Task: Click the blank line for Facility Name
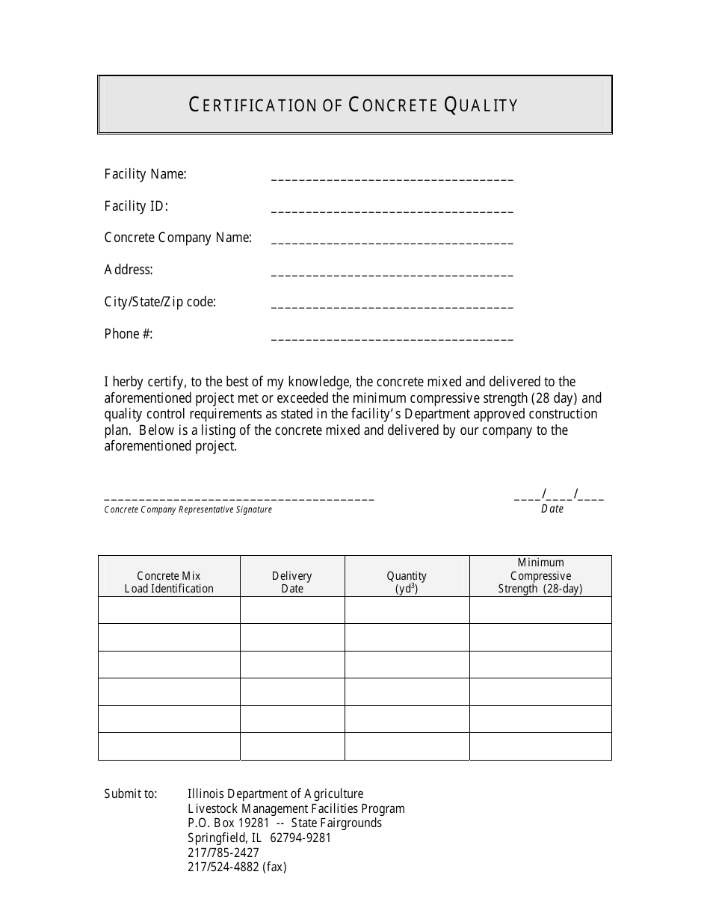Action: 392,179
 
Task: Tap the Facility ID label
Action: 136,206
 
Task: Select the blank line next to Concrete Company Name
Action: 392,244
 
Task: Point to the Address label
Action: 129,270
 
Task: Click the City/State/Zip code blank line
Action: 392,308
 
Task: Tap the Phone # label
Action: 129,334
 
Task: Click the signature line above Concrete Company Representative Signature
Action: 239,498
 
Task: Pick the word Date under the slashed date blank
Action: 552,509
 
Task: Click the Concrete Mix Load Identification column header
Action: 169,582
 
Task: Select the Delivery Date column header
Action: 292,582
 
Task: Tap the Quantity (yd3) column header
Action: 407,582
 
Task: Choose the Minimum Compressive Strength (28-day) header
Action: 540,576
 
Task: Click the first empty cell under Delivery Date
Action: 292,610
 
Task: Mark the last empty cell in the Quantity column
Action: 407,746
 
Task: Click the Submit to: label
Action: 131,794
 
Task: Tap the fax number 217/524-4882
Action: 223,867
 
